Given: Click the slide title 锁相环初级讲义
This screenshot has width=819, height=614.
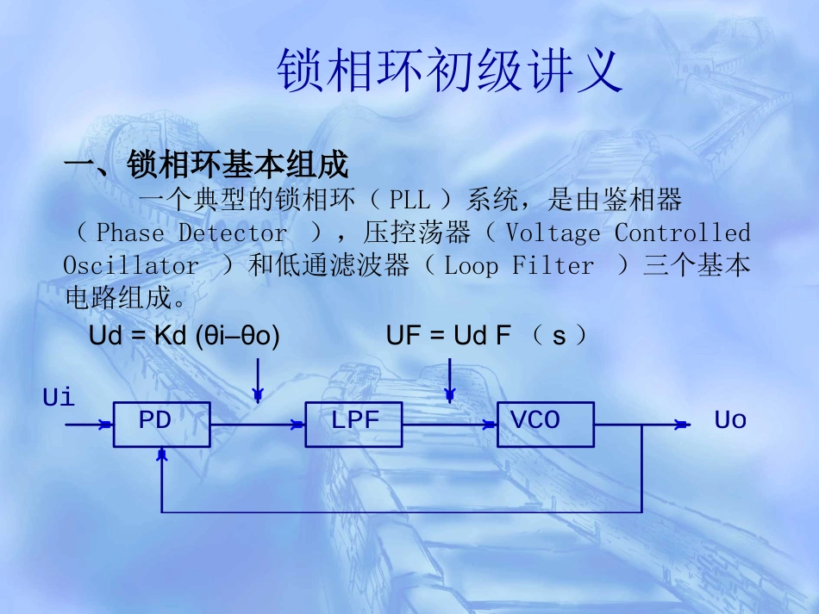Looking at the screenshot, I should (449, 71).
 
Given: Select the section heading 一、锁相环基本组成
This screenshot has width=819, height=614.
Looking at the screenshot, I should (207, 164).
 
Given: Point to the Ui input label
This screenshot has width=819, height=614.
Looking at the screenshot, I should (59, 398).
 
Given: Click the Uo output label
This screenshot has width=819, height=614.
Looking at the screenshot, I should (729, 420).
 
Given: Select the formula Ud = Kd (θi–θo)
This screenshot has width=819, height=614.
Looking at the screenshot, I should (184, 337).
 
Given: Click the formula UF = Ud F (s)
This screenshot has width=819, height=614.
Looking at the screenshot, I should (487, 337).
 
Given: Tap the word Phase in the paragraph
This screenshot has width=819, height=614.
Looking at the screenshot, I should (129, 233).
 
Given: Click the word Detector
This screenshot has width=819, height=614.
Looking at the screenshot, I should (233, 233).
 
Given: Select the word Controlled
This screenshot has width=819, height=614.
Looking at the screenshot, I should (682, 233).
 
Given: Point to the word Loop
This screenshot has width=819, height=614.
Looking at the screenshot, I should (471, 266).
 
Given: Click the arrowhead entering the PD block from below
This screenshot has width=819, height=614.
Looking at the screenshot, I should (161, 455).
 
